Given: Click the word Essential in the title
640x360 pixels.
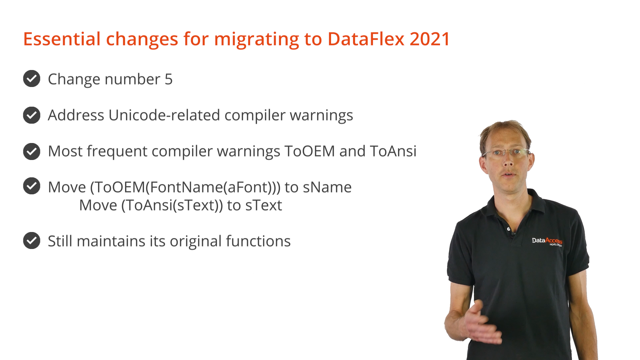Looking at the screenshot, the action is point(62,39).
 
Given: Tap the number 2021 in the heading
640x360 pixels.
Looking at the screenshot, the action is point(430,39).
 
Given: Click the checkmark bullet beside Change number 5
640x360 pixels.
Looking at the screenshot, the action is point(32,79).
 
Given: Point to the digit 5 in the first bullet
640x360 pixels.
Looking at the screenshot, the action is point(169,79).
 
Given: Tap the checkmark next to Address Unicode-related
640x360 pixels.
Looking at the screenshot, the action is point(32,115).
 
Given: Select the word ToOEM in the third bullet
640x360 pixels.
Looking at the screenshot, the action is point(310,151).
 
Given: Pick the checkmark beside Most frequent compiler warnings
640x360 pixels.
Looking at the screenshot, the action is point(32,151).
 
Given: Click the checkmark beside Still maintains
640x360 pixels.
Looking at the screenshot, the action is point(32,241).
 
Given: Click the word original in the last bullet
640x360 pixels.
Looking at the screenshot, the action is point(196,241).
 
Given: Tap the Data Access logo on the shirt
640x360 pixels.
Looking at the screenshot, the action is point(547,241).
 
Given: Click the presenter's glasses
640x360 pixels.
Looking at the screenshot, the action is point(506,153).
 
